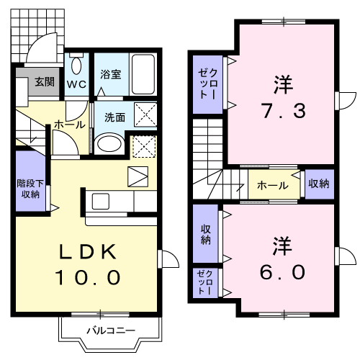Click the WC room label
pyautogui.click(x=76, y=84)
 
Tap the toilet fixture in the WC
pyautogui.click(x=76, y=63)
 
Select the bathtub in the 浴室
pyautogui.click(x=143, y=74)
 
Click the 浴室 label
pyautogui.click(x=111, y=74)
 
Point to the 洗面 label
pyautogui.click(x=114, y=117)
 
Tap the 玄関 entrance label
pyautogui.click(x=45, y=82)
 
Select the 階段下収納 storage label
pyautogui.click(x=30, y=189)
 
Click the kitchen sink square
pyautogui.click(x=101, y=201)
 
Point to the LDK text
pyautogui.click(x=88, y=252)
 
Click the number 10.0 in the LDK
pyautogui.click(x=88, y=277)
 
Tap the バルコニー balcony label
pyautogui.click(x=111, y=330)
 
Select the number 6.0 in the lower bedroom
pyautogui.click(x=282, y=272)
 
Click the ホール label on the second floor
pyautogui.click(x=273, y=185)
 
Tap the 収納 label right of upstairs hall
pyautogui.click(x=319, y=184)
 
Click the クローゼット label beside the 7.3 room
pyautogui.click(x=208, y=84)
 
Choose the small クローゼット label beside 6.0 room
pyautogui.click(x=205, y=282)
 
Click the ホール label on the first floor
pyautogui.click(x=70, y=125)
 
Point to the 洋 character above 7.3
pyautogui.click(x=284, y=84)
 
